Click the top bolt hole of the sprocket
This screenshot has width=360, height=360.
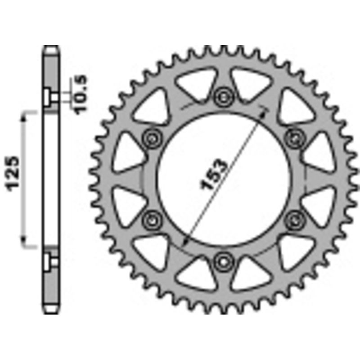click(x=222, y=95)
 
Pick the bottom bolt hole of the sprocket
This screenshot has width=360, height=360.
click(x=222, y=260)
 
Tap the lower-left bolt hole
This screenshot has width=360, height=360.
click(x=151, y=219)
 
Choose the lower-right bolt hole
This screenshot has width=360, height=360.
click(x=293, y=219)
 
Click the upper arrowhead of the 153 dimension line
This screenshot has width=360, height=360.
click(x=265, y=108)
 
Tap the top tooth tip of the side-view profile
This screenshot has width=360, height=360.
click(x=51, y=46)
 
